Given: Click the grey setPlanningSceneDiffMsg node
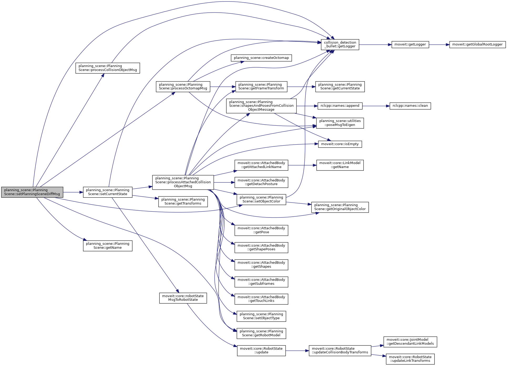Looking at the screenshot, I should (32, 192).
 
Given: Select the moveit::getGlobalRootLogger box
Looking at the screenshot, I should (477, 44).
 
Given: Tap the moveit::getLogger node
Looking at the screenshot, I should (410, 44).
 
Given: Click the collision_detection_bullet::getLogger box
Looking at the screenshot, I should (340, 44).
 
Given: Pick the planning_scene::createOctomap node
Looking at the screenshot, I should (261, 58).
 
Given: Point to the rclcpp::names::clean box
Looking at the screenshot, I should (410, 106).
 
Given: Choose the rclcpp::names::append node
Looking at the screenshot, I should (340, 106).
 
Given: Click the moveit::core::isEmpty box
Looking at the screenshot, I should (340, 144).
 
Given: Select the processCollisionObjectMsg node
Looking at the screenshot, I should (107, 68).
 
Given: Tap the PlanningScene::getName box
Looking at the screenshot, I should (107, 246).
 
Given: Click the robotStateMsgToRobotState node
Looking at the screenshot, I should (183, 298).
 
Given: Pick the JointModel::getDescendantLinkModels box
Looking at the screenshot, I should (410, 342).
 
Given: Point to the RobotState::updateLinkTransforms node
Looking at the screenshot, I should (410, 359).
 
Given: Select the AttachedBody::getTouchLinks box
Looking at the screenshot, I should (261, 299).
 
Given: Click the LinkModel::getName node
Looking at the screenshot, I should (340, 165).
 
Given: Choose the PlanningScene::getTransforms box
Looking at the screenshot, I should (183, 201).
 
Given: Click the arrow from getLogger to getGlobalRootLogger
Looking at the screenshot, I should (439, 45).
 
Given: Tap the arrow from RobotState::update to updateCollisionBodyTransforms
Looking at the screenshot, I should (297, 351).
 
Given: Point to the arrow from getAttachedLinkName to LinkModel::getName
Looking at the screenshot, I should (302, 165).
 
